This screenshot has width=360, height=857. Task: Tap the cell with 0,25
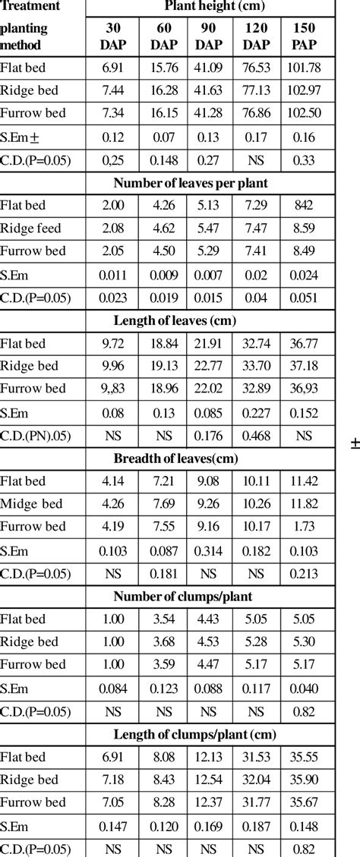[112, 159]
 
